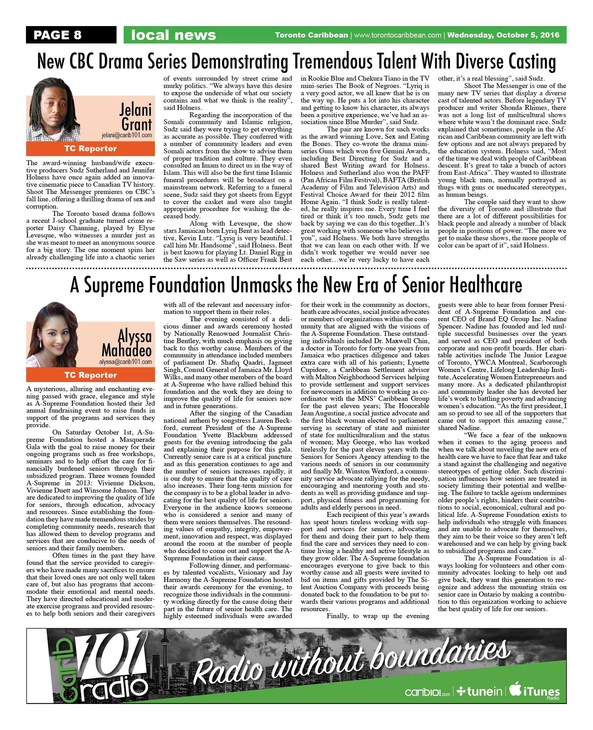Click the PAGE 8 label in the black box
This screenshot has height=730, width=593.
tap(57, 35)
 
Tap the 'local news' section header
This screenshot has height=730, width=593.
tap(173, 35)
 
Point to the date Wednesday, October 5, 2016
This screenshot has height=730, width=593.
tap(503, 35)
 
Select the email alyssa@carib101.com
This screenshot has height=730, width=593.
tap(126, 362)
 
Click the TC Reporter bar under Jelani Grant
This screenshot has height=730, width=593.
tap(90, 149)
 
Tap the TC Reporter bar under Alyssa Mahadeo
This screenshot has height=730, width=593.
tap(90, 375)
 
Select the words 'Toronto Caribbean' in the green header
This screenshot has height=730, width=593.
tap(311, 35)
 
